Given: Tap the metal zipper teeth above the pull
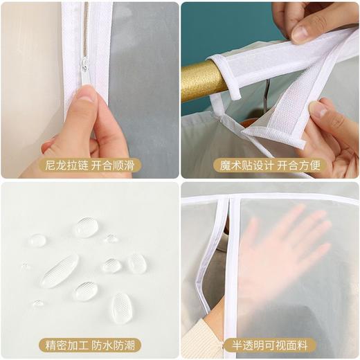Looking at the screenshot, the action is pos(86,30).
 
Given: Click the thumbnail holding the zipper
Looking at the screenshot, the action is pos(86,93).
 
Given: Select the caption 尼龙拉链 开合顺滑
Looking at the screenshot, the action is pos(89,165).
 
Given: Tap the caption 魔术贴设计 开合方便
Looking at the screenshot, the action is pos(270,165).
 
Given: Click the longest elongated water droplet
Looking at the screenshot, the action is pos(59,271).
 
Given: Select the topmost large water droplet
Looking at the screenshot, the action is pos(87,227).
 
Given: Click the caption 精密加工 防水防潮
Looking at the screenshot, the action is pos(89,345).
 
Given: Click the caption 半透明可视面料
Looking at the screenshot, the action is pos(269,345).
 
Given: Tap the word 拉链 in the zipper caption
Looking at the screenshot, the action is pos(78,165).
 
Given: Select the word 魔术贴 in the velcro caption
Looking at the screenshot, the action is pos(235,165).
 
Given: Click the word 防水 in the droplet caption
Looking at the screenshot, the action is pos(102,345).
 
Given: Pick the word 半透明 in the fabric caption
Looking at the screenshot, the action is pos(248,345).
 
